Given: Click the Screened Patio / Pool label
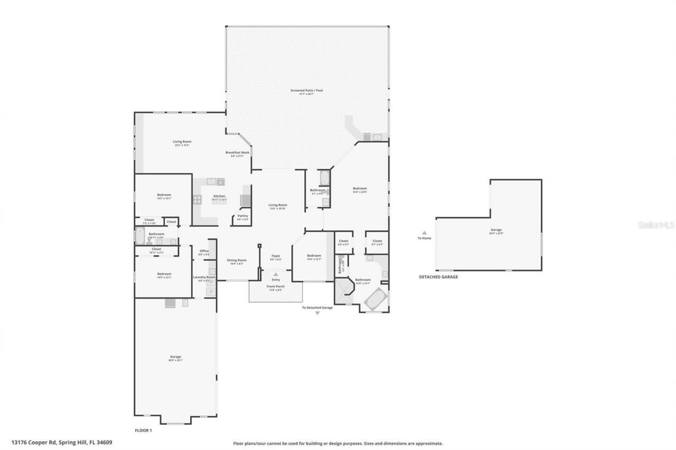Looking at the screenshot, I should (x=306, y=91).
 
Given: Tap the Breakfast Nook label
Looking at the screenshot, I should (x=237, y=152).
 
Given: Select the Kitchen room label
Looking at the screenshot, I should (x=219, y=196).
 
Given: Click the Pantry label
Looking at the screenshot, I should (x=243, y=216).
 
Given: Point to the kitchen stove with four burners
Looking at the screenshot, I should (x=198, y=199).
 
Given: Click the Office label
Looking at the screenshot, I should (x=204, y=251).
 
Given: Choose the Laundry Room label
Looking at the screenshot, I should (x=204, y=277).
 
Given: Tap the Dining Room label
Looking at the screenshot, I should (x=237, y=260).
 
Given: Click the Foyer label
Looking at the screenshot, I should (x=276, y=256).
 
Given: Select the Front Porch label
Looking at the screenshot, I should (x=276, y=286).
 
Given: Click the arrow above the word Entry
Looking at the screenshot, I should (x=276, y=274).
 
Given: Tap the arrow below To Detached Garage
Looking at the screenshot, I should (x=317, y=313).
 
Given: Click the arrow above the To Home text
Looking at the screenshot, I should (x=424, y=232).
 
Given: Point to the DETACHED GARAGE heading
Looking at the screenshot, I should (x=438, y=277).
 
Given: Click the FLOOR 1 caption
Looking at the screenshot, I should (x=143, y=430).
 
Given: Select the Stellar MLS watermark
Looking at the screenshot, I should (x=656, y=224).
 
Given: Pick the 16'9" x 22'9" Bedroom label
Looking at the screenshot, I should (x=360, y=189).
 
